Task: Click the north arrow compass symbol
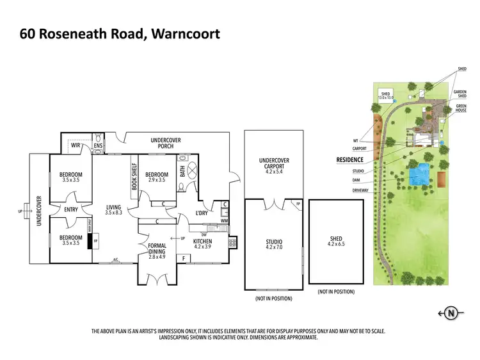point(451,313)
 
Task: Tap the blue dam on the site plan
point(419,175)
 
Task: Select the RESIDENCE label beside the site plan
point(349,160)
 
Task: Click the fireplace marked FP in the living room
point(95,243)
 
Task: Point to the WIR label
point(76,145)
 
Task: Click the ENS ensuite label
point(98,146)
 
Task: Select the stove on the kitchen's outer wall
point(232,242)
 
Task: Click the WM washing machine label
point(223,220)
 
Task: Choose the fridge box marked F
point(185,258)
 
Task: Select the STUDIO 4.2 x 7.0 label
point(274,245)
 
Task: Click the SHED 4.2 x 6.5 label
point(336,242)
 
